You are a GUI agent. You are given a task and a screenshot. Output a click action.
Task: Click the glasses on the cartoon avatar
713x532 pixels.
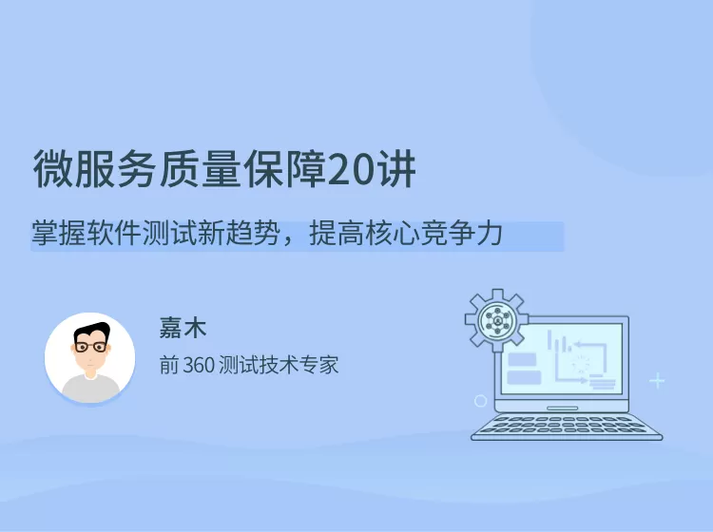(x=90, y=348)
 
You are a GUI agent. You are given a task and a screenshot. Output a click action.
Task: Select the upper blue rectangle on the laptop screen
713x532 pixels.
(x=523, y=359)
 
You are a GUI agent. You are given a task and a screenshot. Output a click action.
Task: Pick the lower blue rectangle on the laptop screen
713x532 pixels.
(x=523, y=377)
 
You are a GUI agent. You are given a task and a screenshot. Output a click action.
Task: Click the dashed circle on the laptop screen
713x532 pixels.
(x=579, y=362)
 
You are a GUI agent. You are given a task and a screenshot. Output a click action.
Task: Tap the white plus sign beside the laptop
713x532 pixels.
(x=657, y=381)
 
